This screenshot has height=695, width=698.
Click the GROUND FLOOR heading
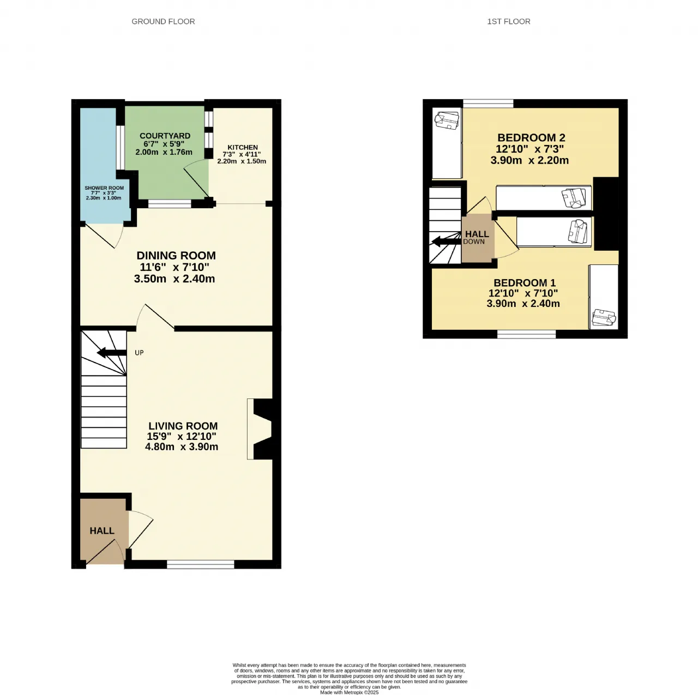point(163,22)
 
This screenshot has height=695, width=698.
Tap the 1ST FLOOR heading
point(508,22)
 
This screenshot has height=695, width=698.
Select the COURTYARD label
point(165,136)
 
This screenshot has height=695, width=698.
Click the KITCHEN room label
point(242,147)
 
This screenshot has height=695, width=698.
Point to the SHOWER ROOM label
point(104,188)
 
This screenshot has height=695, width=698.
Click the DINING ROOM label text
point(176,255)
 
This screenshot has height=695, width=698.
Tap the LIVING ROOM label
point(183,426)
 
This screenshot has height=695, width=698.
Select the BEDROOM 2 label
point(531,137)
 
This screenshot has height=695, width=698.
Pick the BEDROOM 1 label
point(525,282)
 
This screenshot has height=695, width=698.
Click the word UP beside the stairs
point(139,353)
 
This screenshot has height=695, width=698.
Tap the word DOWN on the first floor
point(474,241)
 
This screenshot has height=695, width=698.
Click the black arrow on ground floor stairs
point(112,353)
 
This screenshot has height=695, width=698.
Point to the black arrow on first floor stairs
point(447,241)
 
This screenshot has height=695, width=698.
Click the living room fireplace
point(260,429)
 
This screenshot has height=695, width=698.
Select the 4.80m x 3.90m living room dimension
point(182,446)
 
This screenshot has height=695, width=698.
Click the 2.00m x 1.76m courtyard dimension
point(164,152)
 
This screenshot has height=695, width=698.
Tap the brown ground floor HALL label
point(102,530)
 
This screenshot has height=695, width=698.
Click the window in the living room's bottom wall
point(201,564)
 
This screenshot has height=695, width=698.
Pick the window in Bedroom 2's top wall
point(488,103)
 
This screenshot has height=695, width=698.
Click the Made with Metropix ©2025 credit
point(349,692)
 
